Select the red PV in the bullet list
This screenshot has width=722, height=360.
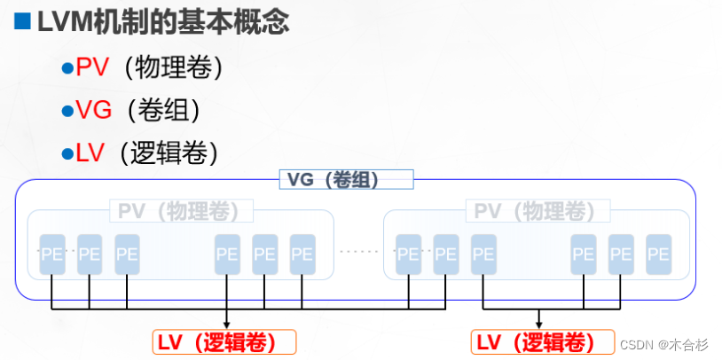91,67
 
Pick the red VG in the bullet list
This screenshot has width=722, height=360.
93,110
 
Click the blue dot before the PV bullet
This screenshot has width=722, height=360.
66,68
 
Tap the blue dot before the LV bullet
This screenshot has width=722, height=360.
66,153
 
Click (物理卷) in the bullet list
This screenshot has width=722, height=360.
169,67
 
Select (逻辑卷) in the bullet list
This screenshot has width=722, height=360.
169,152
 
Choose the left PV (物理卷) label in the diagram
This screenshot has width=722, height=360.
180,211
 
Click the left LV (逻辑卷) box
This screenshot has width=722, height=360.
225,342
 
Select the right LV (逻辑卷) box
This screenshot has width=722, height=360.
541,342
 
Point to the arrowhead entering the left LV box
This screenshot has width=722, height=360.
225,325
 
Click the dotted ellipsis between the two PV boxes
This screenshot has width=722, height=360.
358,253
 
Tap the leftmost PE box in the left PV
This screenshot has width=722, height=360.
52,254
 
